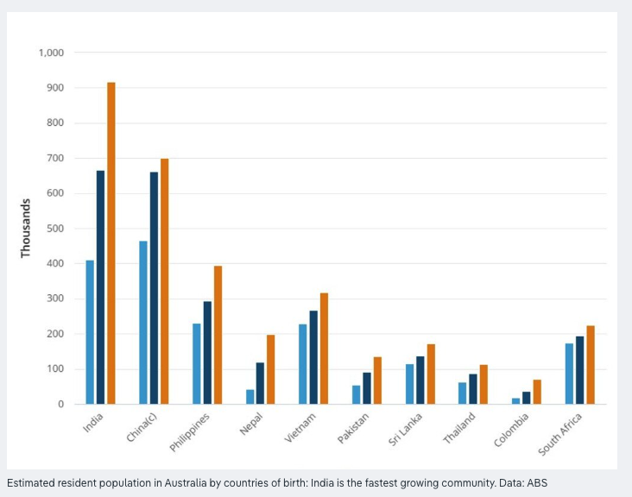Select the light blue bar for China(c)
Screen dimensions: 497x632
point(143,323)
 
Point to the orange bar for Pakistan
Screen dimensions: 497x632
point(377,381)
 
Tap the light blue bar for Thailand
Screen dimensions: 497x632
point(463,393)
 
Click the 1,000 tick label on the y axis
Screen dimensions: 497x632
point(51,53)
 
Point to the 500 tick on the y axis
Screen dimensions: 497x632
point(54,229)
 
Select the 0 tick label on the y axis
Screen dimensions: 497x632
point(60,404)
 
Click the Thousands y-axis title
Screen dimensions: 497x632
point(26,228)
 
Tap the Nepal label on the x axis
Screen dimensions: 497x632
point(251,424)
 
